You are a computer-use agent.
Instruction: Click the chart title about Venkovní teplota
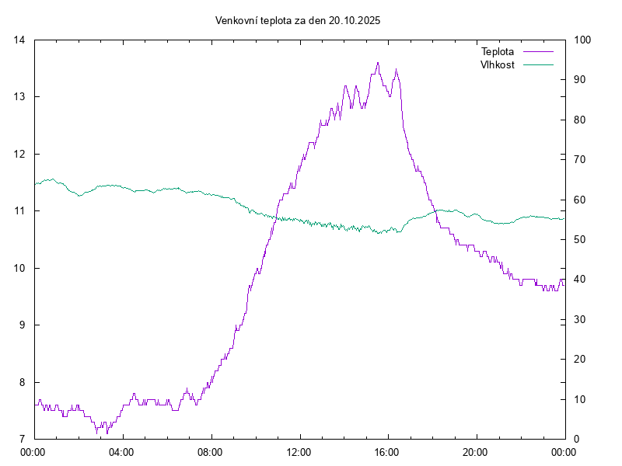click(298, 20)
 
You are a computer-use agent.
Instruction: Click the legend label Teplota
click(498, 52)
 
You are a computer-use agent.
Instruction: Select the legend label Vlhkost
click(498, 64)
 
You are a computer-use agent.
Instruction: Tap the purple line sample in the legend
click(538, 52)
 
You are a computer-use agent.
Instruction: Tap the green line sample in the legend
click(538, 64)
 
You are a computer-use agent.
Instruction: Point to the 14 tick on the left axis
click(19, 40)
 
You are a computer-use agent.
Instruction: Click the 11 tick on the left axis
click(19, 210)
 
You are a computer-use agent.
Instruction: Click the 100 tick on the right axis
click(581, 40)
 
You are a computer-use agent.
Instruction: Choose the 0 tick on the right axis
click(575, 439)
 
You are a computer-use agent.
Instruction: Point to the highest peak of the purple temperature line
click(378, 63)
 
